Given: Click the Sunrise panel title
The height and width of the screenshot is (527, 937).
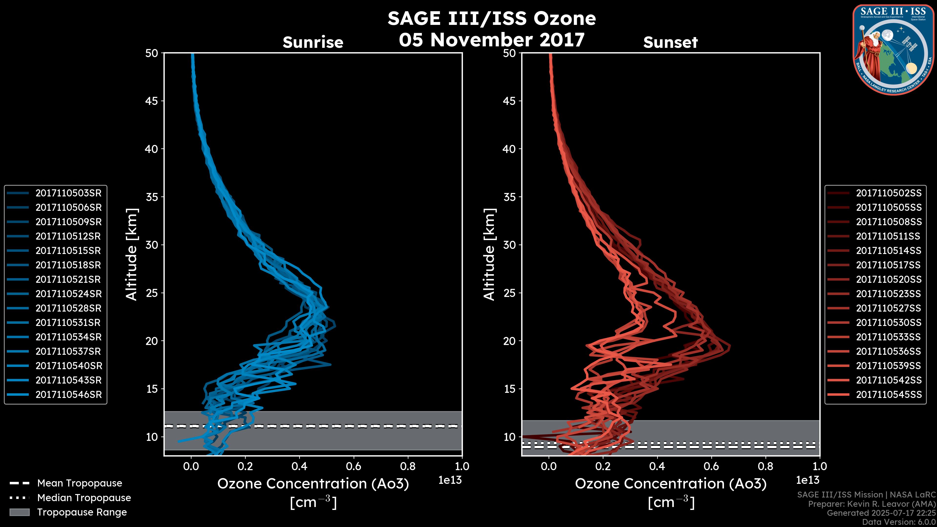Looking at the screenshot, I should (313, 42).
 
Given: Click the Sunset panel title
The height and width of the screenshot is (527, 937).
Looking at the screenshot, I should (670, 42).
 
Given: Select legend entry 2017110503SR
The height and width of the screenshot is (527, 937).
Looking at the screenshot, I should (68, 193).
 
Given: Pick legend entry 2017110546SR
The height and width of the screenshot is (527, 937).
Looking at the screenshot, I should (68, 395).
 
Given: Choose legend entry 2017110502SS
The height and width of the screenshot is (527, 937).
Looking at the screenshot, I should (889, 193).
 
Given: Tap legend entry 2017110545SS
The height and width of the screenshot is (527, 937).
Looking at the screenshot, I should (889, 395).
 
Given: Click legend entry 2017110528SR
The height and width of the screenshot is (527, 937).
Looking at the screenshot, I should (68, 308).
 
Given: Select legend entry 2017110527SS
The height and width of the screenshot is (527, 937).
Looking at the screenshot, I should (889, 308).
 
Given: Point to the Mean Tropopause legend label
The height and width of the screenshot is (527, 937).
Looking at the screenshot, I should (80, 483).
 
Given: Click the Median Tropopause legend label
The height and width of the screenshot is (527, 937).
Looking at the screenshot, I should (84, 498).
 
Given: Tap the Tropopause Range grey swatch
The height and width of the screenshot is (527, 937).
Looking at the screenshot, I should (19, 512).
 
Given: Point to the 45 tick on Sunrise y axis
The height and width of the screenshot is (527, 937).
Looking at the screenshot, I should (152, 101).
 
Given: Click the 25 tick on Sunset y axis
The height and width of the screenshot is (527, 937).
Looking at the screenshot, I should (509, 293).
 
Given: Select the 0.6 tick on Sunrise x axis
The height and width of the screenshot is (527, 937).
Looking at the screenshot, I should (354, 466).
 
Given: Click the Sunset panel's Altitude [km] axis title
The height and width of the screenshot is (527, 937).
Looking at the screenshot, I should (489, 254).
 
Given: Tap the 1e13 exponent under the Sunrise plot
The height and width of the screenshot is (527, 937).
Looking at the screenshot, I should (449, 480).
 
